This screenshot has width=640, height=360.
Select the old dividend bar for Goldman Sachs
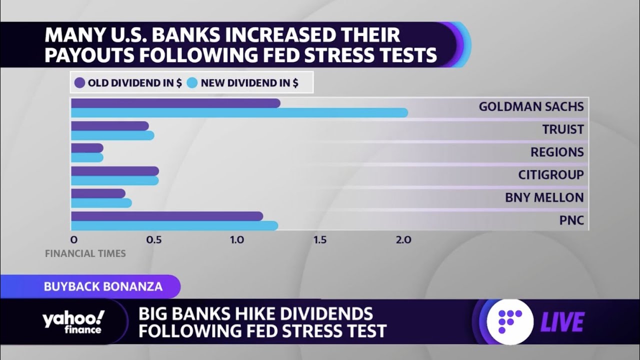coord(175,103)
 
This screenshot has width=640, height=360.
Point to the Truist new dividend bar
coord(112,135)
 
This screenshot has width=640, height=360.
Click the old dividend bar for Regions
coord(87,148)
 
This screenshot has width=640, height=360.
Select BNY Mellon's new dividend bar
coord(101,203)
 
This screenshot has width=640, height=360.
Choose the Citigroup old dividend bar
coord(114,171)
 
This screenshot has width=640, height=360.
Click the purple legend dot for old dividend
coord(79,83)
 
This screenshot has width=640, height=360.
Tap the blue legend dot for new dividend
coord(192,83)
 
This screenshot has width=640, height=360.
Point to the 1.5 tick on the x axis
coord(320,240)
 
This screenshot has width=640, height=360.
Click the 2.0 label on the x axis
coord(403,240)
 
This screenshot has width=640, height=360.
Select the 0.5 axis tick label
coord(154,240)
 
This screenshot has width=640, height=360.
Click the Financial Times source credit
coord(85,253)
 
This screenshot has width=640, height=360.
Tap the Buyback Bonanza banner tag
coord(103,286)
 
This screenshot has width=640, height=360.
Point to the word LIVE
coord(562,322)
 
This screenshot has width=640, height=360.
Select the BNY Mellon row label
coord(544,197)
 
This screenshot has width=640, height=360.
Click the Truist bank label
coord(563,129)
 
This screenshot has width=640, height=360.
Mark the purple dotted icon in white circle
coord(510,321)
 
